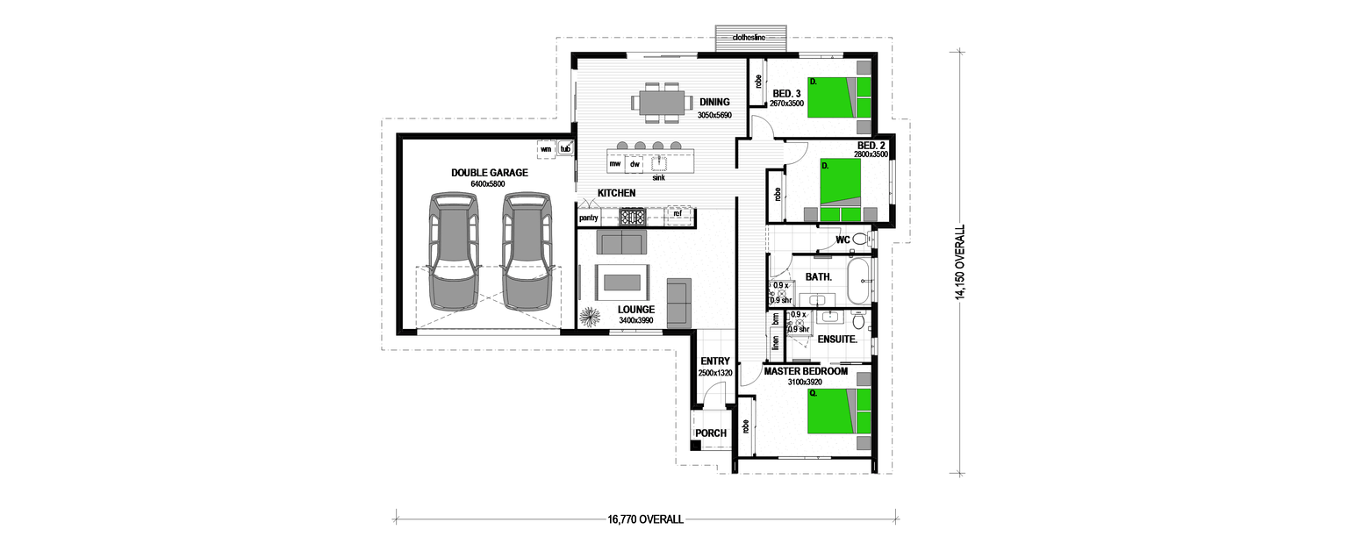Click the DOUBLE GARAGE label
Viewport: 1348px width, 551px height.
pos(489,173)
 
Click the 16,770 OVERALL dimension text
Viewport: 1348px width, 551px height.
pos(645,519)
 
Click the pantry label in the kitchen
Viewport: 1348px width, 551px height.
pos(588,217)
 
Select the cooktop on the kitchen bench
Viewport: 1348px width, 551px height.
pos(632,216)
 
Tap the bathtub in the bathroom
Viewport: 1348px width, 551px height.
pos(859,281)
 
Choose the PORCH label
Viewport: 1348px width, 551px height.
pos(710,433)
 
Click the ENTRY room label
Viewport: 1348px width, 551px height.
pos(715,361)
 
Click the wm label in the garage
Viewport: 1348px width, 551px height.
pos(546,149)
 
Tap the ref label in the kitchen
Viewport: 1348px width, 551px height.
pos(678,213)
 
